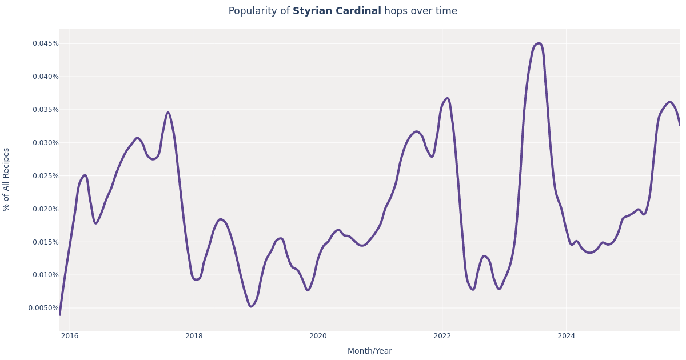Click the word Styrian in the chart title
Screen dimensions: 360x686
pyautogui.click(x=313, y=11)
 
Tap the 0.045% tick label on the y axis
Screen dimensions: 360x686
pyautogui.click(x=45, y=43)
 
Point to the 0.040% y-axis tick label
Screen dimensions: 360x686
pyautogui.click(x=45, y=77)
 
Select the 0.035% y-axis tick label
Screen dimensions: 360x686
pyautogui.click(x=45, y=110)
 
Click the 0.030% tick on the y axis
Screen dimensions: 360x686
pyautogui.click(x=45, y=143)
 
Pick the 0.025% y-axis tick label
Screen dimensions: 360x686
pyautogui.click(x=45, y=176)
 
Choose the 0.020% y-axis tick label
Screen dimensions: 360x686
pyautogui.click(x=45, y=209)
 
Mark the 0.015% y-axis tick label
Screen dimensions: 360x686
pyautogui.click(x=45, y=242)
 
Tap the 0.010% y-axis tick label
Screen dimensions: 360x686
pyautogui.click(x=45, y=275)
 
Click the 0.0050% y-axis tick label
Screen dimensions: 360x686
pyautogui.click(x=43, y=308)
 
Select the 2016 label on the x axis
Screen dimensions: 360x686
pyautogui.click(x=70, y=336)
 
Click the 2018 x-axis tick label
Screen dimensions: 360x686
pyautogui.click(x=194, y=336)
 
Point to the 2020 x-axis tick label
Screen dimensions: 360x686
pyautogui.click(x=318, y=336)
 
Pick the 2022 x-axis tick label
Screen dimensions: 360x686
pyautogui.click(x=442, y=336)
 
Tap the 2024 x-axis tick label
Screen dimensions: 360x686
pyautogui.click(x=566, y=336)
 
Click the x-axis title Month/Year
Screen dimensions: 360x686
pyautogui.click(x=369, y=351)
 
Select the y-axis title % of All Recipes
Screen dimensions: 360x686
pyautogui.click(x=7, y=179)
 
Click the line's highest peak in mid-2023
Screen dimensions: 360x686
pyautogui.click(x=539, y=43)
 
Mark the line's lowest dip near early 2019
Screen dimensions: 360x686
pyautogui.click(x=251, y=306)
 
